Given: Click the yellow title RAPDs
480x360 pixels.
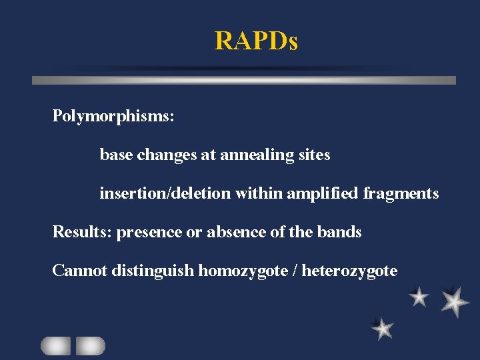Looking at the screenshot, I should click(256, 41).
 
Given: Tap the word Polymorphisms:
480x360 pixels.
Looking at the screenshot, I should click(113, 117).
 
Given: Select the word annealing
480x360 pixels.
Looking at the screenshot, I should click(257, 155).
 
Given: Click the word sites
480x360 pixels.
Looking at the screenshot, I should click(314, 155).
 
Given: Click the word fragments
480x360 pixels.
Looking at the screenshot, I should click(401, 194).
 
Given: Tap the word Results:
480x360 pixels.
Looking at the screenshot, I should click(82, 232).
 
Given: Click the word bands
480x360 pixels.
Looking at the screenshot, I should click(340, 232).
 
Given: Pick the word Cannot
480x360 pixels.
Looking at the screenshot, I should click(80, 271).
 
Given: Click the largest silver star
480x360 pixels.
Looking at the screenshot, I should click(455, 301).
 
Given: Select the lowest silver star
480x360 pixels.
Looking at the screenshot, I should click(382, 328).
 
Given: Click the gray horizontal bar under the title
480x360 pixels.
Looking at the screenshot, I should click(244, 80).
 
